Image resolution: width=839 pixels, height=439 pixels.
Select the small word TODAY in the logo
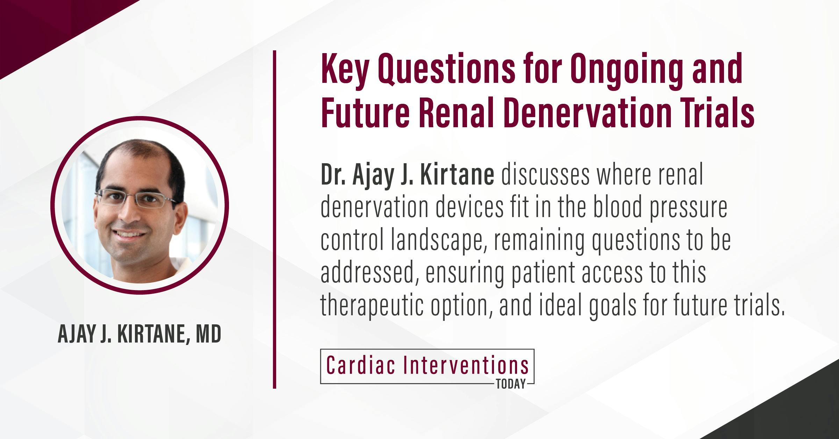point(511,384)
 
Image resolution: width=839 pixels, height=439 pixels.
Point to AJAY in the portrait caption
point(77,335)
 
